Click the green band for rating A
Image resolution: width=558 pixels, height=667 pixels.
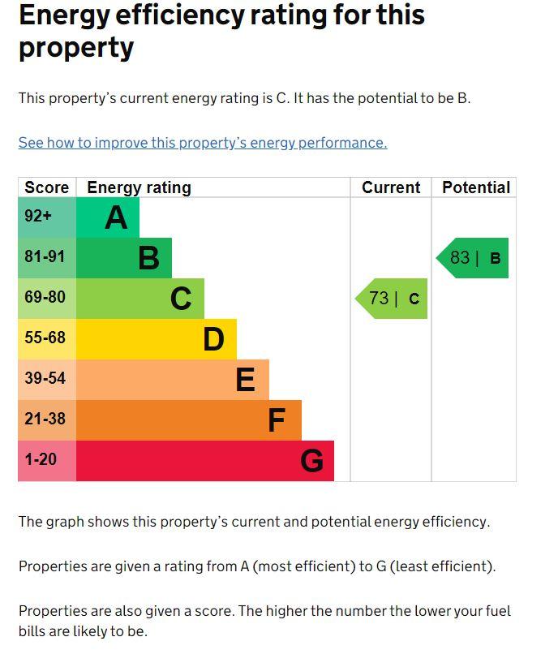click(108, 217)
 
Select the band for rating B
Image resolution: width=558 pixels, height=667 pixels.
click(124, 258)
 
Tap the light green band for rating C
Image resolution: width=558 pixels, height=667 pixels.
click(140, 299)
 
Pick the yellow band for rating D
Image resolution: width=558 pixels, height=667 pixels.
click(157, 339)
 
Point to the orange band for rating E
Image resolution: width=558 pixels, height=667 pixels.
click(173, 380)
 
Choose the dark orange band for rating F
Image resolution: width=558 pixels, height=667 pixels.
click(189, 420)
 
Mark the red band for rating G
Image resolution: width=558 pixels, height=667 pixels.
click(205, 461)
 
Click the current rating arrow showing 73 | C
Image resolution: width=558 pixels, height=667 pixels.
click(393, 299)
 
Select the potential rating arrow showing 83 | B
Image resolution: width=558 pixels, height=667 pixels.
click(474, 258)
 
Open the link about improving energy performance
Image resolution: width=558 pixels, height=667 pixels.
click(203, 143)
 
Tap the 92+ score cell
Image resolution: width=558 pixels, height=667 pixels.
click(47, 217)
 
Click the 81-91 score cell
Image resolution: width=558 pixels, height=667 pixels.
click(47, 258)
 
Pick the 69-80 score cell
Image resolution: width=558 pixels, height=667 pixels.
click(47, 299)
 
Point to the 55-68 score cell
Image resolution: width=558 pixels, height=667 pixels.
click(47, 339)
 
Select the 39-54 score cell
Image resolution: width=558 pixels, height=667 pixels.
click(47, 380)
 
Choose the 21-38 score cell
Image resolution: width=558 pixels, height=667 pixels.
click(47, 420)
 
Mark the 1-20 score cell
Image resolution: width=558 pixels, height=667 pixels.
click(47, 461)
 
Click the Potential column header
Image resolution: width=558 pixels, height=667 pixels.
click(475, 187)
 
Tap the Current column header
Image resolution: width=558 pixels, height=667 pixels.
click(391, 187)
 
